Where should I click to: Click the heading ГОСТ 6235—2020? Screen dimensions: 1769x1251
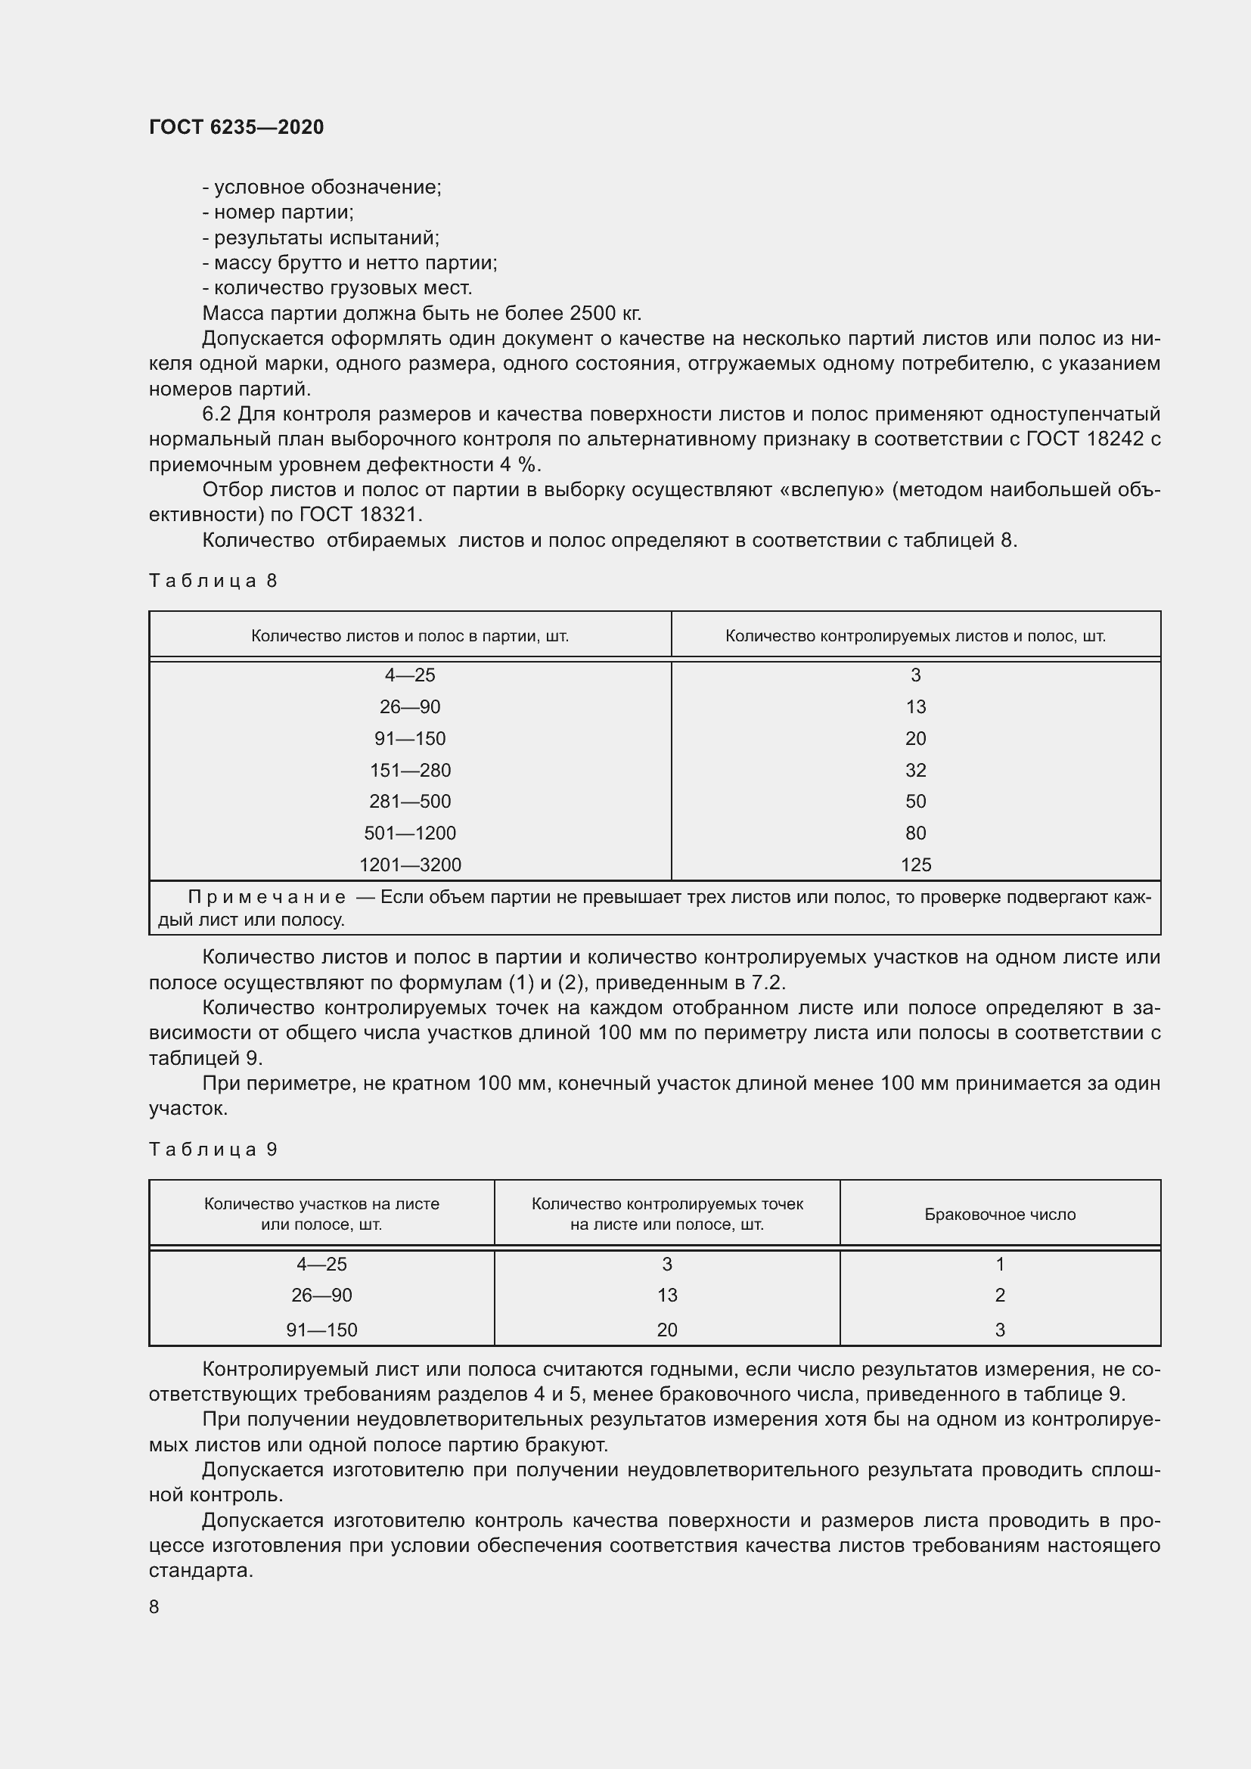tap(236, 127)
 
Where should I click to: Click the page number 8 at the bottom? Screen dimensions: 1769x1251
tap(154, 1606)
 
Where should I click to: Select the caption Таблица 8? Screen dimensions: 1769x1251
tap(213, 581)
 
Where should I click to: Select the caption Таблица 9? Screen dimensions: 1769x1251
tap(213, 1150)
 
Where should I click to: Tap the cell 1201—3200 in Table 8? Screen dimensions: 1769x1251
tap(410, 865)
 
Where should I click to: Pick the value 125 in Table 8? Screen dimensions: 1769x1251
tap(915, 865)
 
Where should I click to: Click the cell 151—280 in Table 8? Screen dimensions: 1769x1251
tap(410, 771)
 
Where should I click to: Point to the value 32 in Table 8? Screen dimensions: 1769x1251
tap(915, 771)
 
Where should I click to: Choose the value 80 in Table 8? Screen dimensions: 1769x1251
tap(915, 833)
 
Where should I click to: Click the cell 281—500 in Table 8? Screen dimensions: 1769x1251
tap(410, 802)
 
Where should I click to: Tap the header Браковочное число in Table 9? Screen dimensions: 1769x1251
tap(999, 1215)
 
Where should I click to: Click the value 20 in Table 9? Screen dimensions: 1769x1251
tap(666, 1330)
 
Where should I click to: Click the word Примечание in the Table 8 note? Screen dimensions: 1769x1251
tap(266, 898)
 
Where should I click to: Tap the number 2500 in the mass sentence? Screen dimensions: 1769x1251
tap(593, 314)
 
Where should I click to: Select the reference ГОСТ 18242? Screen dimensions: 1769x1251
tap(1085, 439)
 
